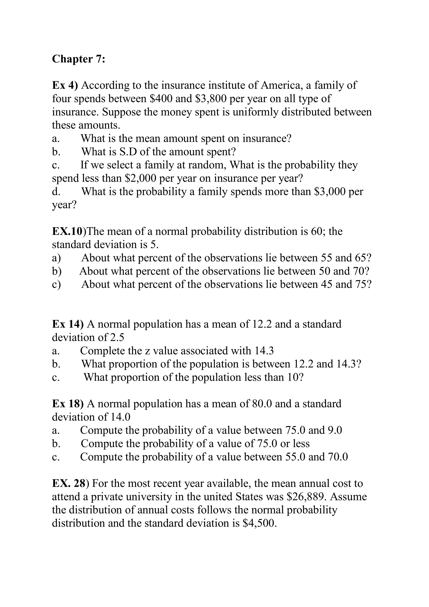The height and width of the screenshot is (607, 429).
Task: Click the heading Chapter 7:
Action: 79,59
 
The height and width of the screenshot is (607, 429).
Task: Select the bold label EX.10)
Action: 69,231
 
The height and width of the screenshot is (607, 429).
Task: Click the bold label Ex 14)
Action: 68,324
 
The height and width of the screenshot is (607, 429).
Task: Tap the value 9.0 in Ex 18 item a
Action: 335,430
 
